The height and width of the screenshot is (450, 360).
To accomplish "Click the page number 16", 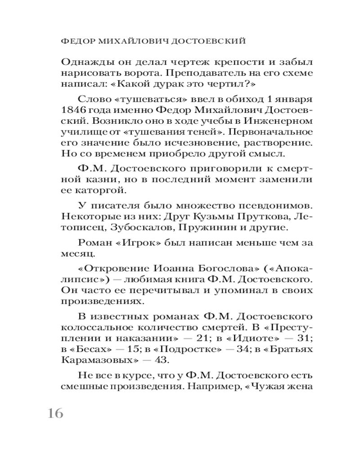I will tap(55, 414).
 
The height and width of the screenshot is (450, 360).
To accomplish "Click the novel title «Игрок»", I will tap(126, 243).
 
